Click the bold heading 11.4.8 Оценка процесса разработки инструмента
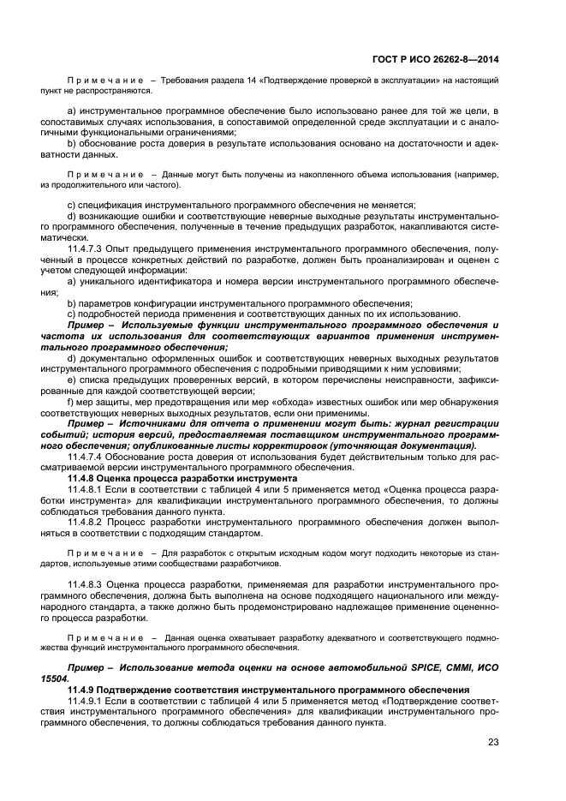(x=182, y=478)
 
